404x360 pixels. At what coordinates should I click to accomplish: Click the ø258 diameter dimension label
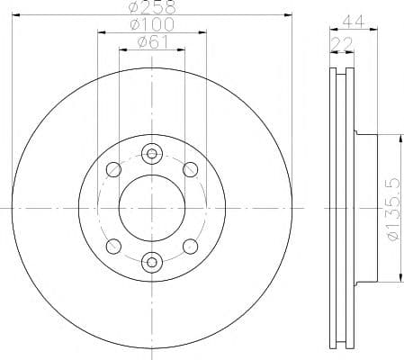(x=152, y=6)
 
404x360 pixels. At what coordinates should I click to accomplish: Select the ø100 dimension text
(x=152, y=24)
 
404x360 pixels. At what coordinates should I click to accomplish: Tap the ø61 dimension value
(x=152, y=42)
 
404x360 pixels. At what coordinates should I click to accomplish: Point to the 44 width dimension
(x=354, y=22)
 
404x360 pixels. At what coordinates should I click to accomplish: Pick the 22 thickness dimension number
(x=342, y=45)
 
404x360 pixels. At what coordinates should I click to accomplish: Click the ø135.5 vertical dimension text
(x=393, y=209)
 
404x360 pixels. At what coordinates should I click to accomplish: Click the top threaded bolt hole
(x=152, y=154)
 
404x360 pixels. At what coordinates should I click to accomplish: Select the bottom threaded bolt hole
(x=152, y=263)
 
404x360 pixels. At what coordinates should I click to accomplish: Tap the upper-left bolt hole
(x=114, y=169)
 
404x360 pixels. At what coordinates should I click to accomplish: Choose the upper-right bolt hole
(x=190, y=169)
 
